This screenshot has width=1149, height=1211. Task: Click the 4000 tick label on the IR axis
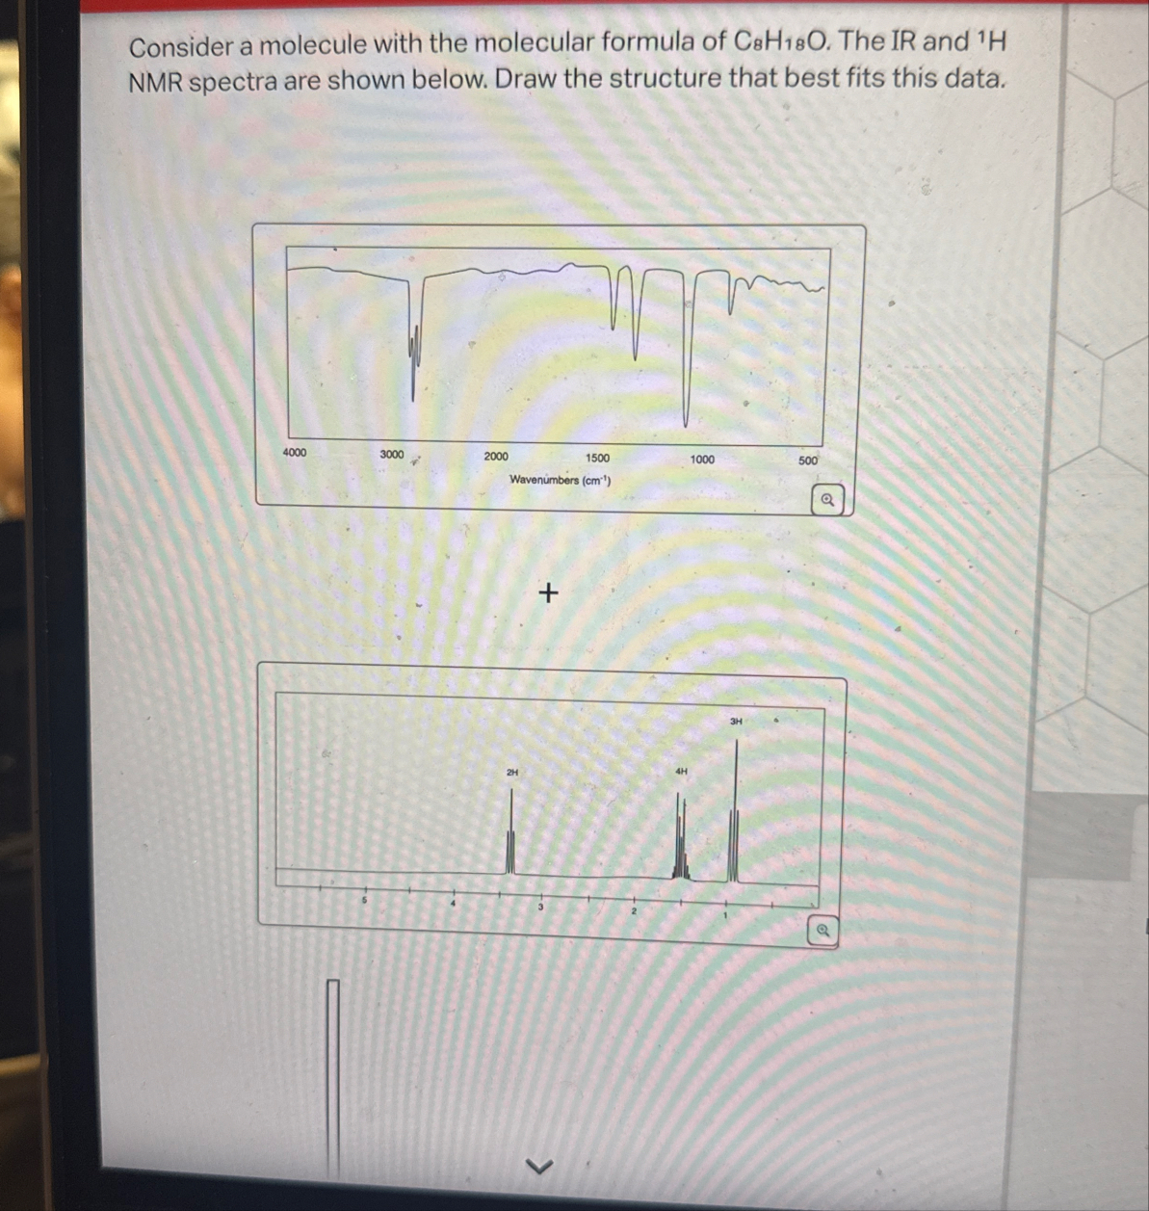(294, 452)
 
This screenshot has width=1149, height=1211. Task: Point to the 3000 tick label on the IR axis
(392, 454)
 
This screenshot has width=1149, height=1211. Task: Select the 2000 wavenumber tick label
(496, 457)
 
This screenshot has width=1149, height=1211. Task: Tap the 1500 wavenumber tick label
(597, 459)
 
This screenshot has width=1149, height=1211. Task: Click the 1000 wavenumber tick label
(702, 460)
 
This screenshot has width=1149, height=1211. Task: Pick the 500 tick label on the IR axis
(807, 461)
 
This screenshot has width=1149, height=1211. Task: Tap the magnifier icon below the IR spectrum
(826, 500)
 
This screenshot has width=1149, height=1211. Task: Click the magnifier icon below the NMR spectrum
(823, 931)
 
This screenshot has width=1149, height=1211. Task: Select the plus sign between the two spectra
(548, 592)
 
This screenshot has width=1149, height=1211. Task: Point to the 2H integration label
(512, 773)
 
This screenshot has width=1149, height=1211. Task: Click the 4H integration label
(682, 772)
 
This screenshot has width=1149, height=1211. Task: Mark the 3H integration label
(736, 721)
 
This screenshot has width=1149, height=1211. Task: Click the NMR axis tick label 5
(365, 899)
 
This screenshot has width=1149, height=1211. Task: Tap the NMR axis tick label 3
(540, 907)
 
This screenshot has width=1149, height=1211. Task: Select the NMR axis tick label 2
(634, 910)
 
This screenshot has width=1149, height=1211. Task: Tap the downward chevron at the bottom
(540, 1167)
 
